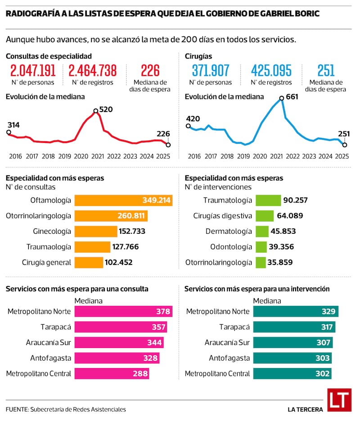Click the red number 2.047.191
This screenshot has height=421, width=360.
pos(33,71)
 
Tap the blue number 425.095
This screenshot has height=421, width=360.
pos(271,71)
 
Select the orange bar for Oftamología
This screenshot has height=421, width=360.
pos(123,200)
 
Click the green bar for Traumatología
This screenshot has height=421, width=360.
pos(268,200)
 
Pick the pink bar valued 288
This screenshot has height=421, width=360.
pos(112,373)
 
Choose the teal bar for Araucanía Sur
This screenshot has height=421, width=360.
pos(293,342)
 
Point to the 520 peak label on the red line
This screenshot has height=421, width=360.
pos(106,109)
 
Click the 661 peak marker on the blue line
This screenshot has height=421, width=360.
pos(282,98)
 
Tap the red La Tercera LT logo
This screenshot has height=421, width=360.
pos(339,400)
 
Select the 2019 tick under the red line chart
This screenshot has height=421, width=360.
pos(65,156)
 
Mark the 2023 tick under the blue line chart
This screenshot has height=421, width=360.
pos(309,156)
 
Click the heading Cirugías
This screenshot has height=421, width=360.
pos(198,56)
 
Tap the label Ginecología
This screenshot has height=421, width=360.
pos(52,231)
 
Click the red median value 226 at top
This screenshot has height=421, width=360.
pos(150,71)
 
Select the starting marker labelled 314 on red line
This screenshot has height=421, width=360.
pos(9,132)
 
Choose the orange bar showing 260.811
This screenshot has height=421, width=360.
pos(111,215)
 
